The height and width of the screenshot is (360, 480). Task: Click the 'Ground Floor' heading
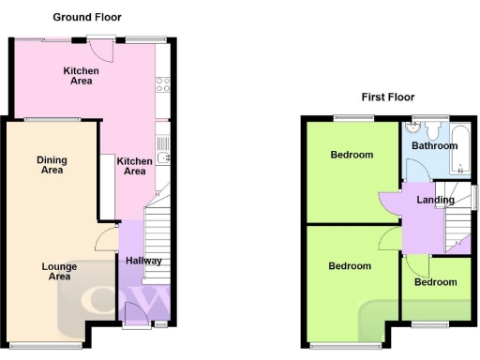click(86, 17)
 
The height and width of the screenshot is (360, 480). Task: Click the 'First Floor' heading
click(388, 97)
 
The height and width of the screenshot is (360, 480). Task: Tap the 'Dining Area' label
click(52, 165)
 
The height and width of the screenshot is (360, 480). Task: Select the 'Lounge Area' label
click(59, 271)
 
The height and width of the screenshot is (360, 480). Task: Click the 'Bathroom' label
click(434, 146)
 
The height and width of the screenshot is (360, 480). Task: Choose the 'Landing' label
click(436, 200)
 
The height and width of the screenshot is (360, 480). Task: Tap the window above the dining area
click(52, 120)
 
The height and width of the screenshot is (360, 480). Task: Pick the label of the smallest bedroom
click(436, 282)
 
